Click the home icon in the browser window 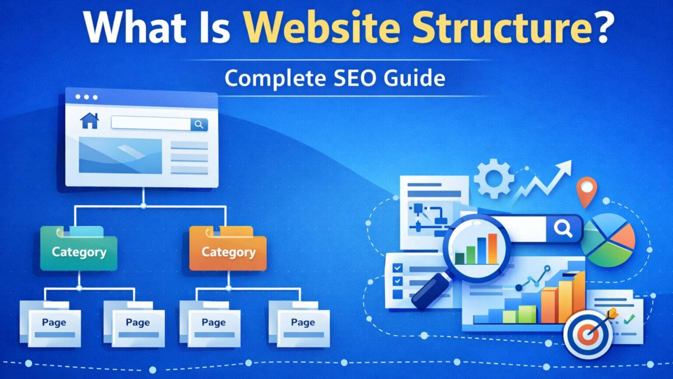pos(90,121)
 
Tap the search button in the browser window pos(199,125)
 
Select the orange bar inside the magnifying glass pos(492,248)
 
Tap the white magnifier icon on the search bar pos(563,228)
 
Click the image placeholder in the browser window pos(120,155)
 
